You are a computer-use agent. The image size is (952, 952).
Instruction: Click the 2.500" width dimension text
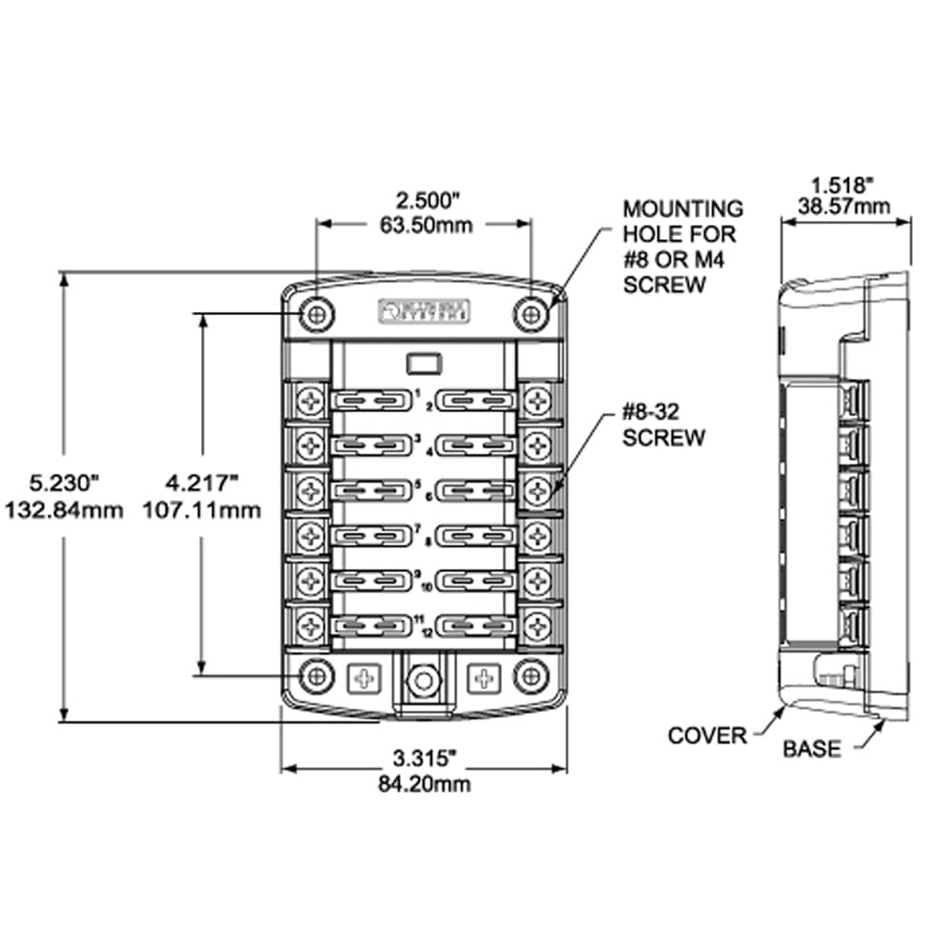[x=424, y=201]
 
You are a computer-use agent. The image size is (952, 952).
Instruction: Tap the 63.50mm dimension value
[x=424, y=225]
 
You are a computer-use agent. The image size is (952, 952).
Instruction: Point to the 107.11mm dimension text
[x=201, y=510]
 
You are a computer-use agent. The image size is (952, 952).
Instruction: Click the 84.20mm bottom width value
[x=424, y=784]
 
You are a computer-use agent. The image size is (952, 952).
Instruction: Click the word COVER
[x=707, y=736]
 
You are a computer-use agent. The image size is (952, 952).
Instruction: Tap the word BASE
[x=812, y=749]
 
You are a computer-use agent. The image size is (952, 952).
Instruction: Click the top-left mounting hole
[x=315, y=312]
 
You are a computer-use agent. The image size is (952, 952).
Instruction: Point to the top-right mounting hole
[x=530, y=312]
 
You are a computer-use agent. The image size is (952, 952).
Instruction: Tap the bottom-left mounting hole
[x=315, y=676]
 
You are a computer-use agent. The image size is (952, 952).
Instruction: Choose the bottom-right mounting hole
[x=530, y=676]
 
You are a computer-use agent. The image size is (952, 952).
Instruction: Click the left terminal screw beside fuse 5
[x=310, y=491]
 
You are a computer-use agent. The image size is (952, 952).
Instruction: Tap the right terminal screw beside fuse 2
[x=538, y=402]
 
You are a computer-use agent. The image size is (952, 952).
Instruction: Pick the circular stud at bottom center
[x=424, y=680]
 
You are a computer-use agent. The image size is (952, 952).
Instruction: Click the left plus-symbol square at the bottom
[x=363, y=678]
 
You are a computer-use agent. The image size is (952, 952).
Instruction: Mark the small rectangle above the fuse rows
[x=423, y=363]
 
